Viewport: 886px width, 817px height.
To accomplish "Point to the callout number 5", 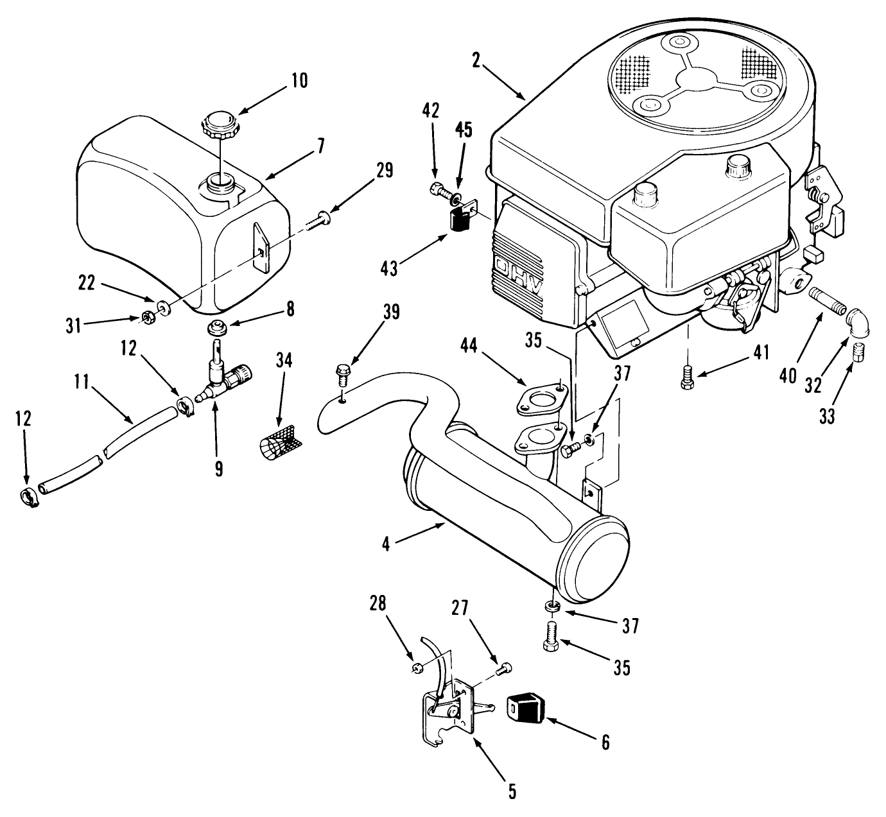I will coord(512,791).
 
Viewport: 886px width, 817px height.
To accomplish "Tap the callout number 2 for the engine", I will coord(477,61).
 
